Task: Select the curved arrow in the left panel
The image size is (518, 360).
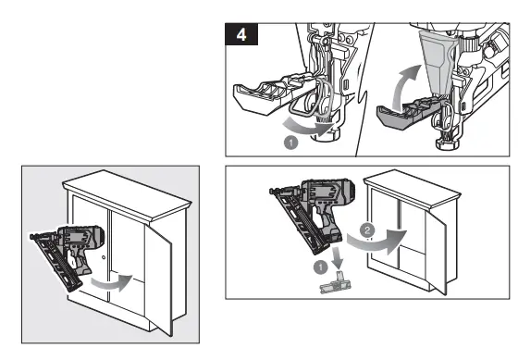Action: (x=120, y=279)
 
